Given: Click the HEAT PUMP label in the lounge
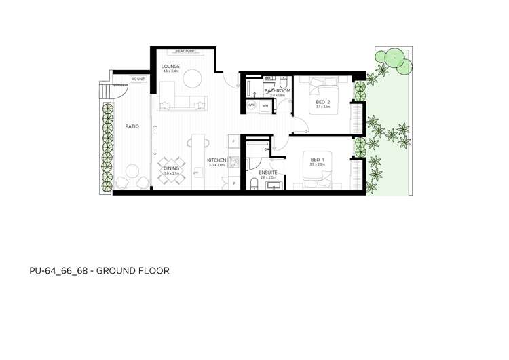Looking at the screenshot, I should tap(186, 51).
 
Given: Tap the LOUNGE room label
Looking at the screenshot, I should tap(170, 66).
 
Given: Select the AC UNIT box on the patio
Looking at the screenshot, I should tap(138, 79).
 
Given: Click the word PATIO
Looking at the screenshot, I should tap(132, 126).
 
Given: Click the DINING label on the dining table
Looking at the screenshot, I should tap(171, 168).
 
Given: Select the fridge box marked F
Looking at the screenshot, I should tap(233, 141).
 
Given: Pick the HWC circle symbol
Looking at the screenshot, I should tap(251, 105).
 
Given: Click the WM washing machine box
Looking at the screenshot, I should tap(264, 105).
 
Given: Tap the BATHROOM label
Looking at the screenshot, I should tap(277, 90).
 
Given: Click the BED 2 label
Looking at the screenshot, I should tap(322, 101).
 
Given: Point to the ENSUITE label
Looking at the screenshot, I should tap(268, 173).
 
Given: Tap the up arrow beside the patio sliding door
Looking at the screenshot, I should tap(155, 128).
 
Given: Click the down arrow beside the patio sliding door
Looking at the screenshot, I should tap(155, 151).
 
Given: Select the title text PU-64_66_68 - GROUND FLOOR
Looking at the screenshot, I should tap(99, 270).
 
